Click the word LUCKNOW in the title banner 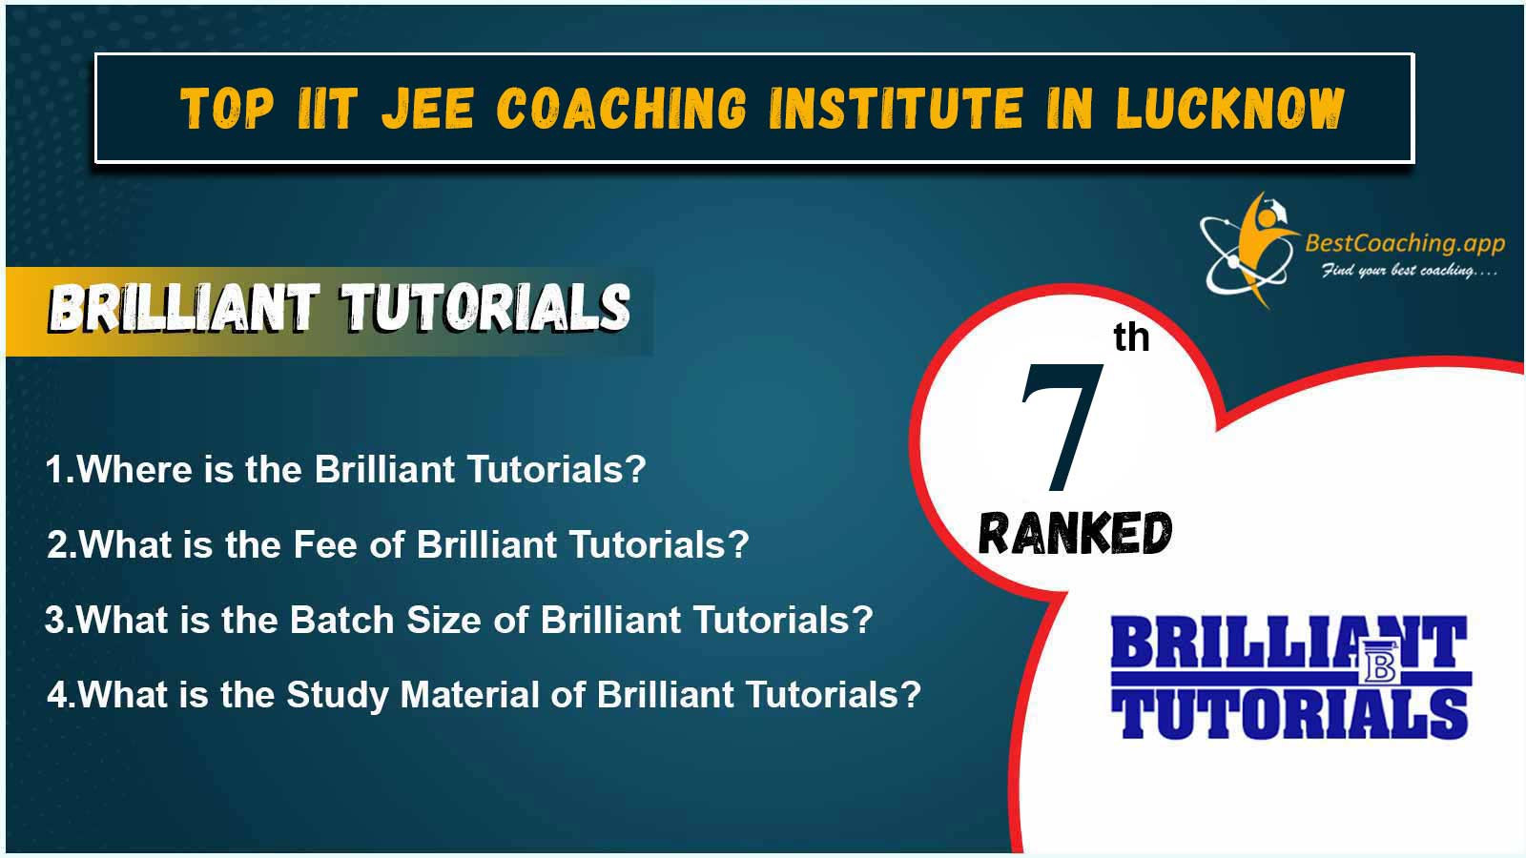point(1231,108)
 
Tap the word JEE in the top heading point(427,108)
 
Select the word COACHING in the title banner point(622,108)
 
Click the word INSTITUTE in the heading point(896,108)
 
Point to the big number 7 point(1062,427)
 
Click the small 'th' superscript point(1131,337)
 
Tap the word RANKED point(1075,533)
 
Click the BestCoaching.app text point(1405,244)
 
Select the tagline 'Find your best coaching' point(1409,271)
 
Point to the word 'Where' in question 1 point(134,469)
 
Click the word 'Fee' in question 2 point(325,544)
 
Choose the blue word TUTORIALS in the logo point(1289,714)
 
